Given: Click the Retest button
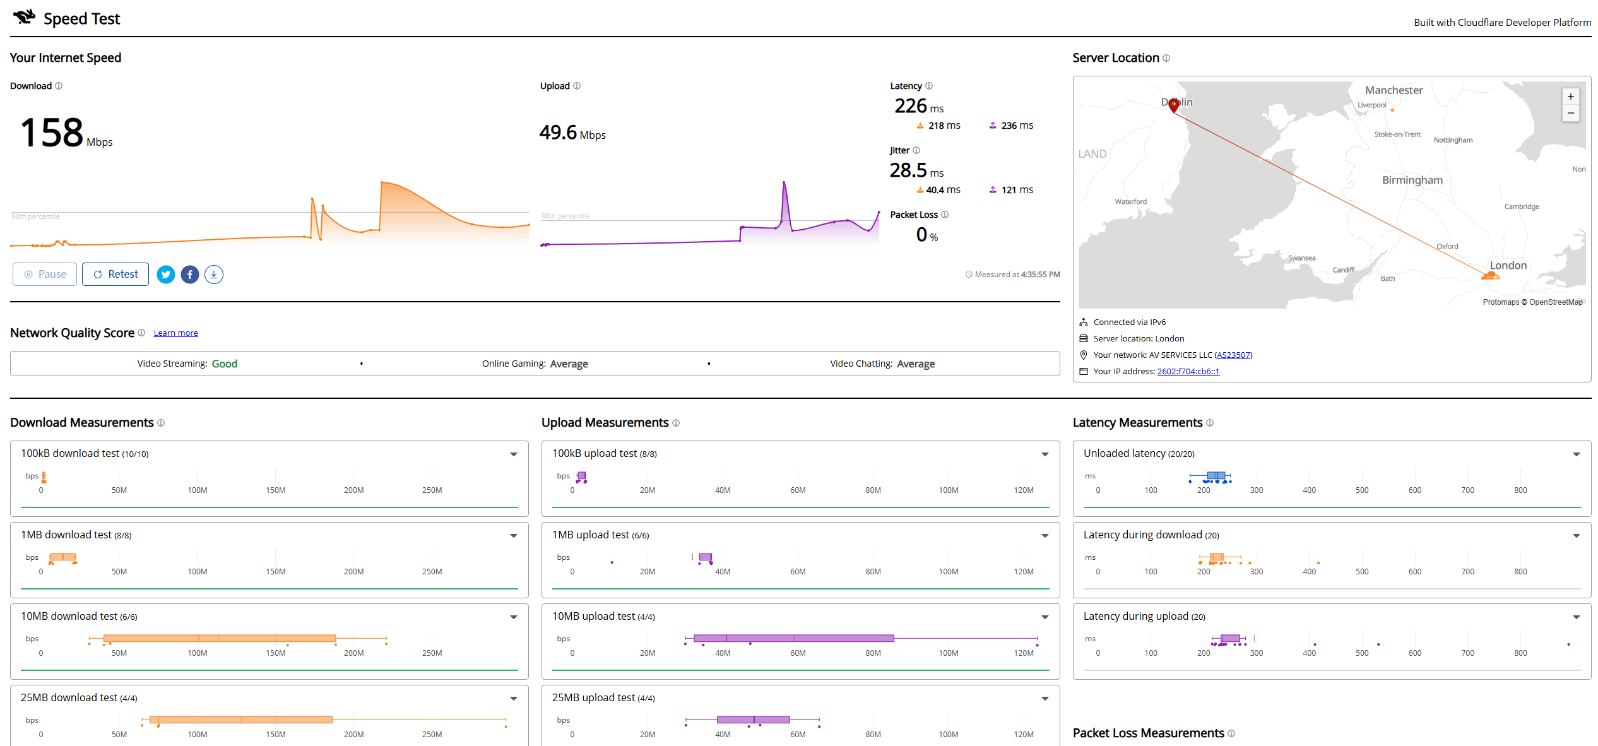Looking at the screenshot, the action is pos(115,275).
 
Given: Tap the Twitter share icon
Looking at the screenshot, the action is pos(166,275).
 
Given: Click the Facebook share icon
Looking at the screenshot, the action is pos(190,275).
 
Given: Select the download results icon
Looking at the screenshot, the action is pos(214,275).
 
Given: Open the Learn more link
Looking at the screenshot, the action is pos(175,333).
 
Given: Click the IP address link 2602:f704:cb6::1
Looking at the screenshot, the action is pos(1188,372).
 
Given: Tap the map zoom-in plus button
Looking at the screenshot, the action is pos(1571,97).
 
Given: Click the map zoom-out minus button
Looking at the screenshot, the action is pos(1571,114).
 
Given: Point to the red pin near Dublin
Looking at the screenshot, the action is pos(1174,105).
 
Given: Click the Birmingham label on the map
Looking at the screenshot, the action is pos(1412,181).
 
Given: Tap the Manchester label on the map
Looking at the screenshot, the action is pos(1394,90).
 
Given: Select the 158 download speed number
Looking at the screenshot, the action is pos(52,133).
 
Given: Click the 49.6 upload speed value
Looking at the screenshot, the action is pos(559,133).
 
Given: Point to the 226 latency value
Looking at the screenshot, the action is pos(911,106).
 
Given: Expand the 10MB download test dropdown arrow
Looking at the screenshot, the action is pos(514,617).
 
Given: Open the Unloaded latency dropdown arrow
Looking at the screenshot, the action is pos(1577,454).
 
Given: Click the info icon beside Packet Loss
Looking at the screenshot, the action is pos(945,215).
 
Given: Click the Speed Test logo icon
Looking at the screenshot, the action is pos(24,17).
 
